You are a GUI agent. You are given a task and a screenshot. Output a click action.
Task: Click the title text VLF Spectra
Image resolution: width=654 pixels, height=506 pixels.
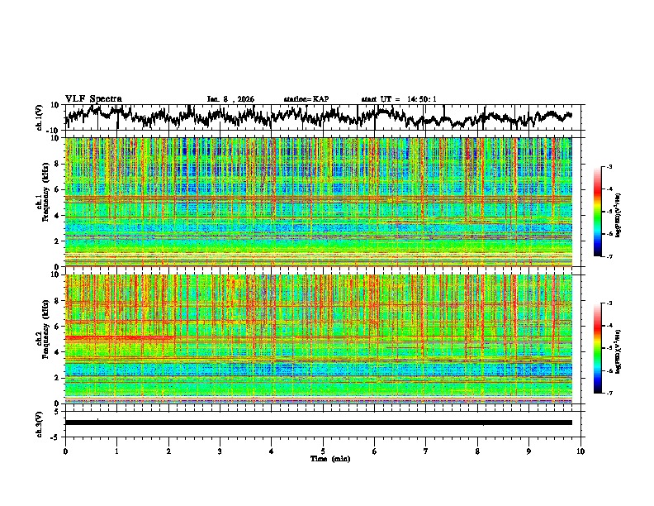tap(93, 98)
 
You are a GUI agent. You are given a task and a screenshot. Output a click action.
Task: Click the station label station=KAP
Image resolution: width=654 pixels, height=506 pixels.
tap(306, 99)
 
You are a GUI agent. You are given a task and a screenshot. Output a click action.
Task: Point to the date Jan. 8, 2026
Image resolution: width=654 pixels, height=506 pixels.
tap(231, 99)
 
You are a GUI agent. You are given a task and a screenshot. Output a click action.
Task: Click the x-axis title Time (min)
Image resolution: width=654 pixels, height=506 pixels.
tap(323, 458)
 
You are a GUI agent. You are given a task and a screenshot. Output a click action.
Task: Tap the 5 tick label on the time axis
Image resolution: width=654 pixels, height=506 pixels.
tap(323, 451)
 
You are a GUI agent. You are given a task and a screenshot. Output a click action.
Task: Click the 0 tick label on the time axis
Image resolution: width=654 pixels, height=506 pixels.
tap(65, 451)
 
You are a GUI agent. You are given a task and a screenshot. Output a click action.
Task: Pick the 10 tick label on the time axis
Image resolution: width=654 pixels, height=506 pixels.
tap(581, 451)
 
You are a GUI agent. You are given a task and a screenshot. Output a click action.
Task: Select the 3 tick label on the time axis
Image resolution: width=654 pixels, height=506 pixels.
tap(220, 451)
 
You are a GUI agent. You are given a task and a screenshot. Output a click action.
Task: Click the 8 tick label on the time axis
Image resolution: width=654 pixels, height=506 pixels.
tap(477, 451)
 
